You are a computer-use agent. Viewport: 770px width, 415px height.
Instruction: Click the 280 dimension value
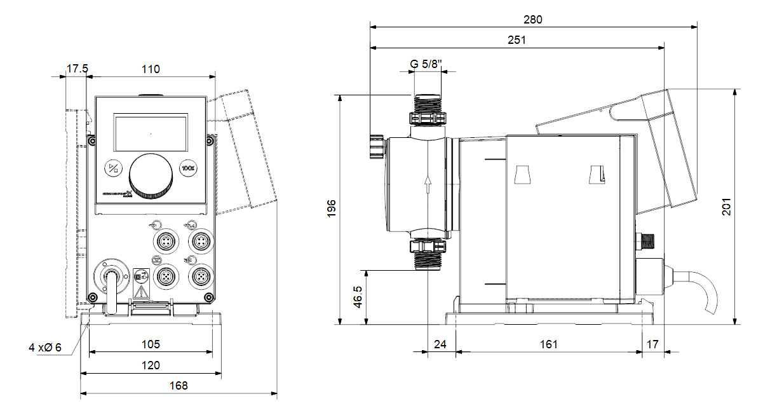click(533, 19)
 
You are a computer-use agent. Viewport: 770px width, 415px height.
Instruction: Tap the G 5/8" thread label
click(426, 64)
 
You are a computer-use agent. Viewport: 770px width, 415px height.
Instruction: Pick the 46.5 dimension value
click(358, 297)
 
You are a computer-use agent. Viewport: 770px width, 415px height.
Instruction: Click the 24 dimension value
click(440, 344)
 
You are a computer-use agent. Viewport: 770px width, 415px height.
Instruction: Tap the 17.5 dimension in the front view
click(76, 69)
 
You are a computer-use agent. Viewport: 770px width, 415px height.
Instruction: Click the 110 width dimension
click(150, 69)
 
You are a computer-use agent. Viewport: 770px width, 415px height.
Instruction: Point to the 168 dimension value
click(179, 386)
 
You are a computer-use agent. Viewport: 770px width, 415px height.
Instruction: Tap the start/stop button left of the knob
click(112, 168)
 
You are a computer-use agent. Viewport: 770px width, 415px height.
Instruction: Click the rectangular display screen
click(151, 134)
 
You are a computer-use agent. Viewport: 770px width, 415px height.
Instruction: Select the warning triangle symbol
click(139, 293)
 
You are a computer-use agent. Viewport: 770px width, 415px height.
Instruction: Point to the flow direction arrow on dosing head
click(428, 185)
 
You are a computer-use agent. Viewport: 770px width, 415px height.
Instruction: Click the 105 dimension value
click(151, 344)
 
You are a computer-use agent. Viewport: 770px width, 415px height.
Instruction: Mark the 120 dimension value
click(151, 365)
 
